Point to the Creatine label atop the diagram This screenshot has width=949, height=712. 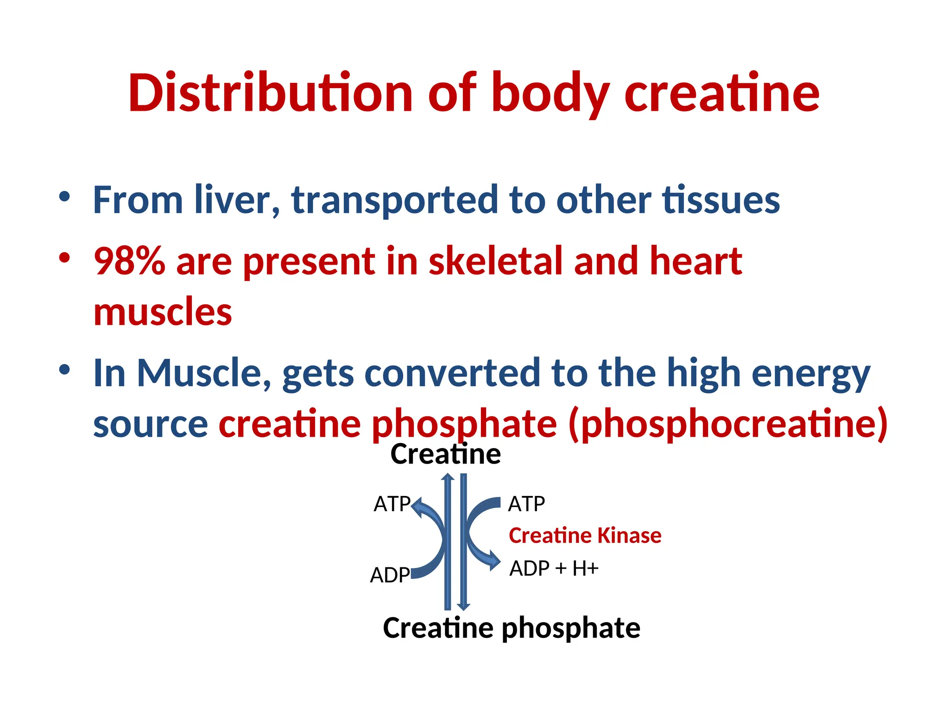(445, 454)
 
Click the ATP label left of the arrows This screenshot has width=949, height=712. (392, 504)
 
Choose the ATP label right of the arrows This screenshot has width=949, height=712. (526, 504)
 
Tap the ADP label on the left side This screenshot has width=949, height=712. (390, 575)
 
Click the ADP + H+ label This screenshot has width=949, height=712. (554, 568)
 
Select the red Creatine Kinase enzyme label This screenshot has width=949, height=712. (585, 536)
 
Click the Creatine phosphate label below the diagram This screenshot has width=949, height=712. (512, 628)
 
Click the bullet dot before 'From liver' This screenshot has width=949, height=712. (65, 197)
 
